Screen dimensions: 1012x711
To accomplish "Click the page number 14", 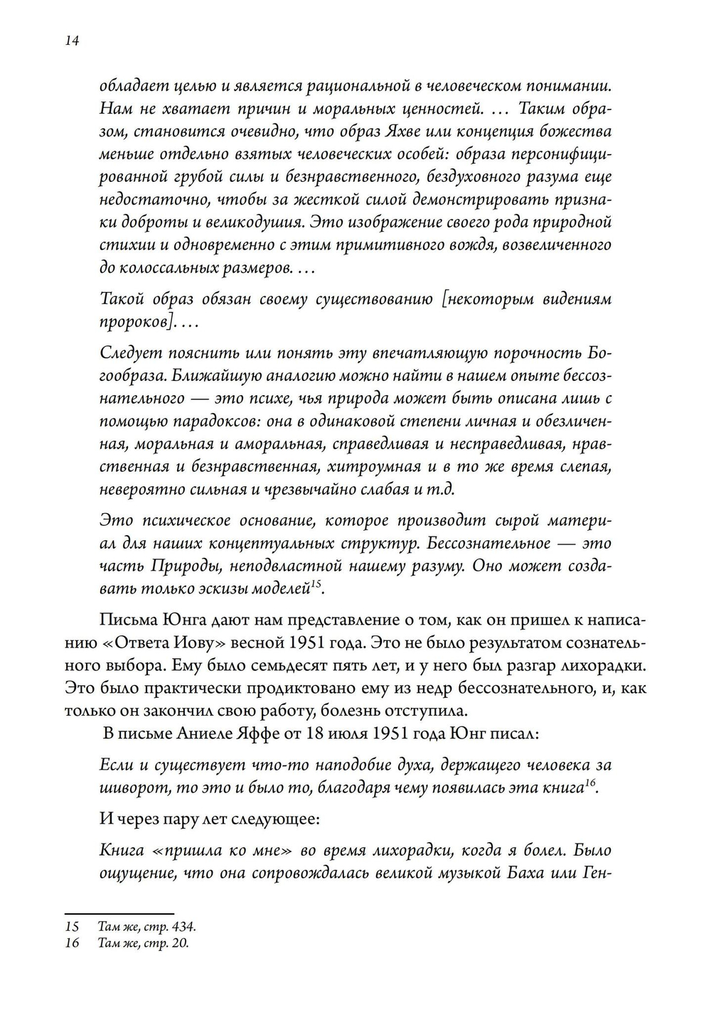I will [71, 41].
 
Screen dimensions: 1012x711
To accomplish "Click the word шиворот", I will [129, 788].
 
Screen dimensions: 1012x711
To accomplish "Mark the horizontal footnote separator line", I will [119, 914].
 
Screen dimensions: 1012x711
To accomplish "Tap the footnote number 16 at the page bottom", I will [72, 943].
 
